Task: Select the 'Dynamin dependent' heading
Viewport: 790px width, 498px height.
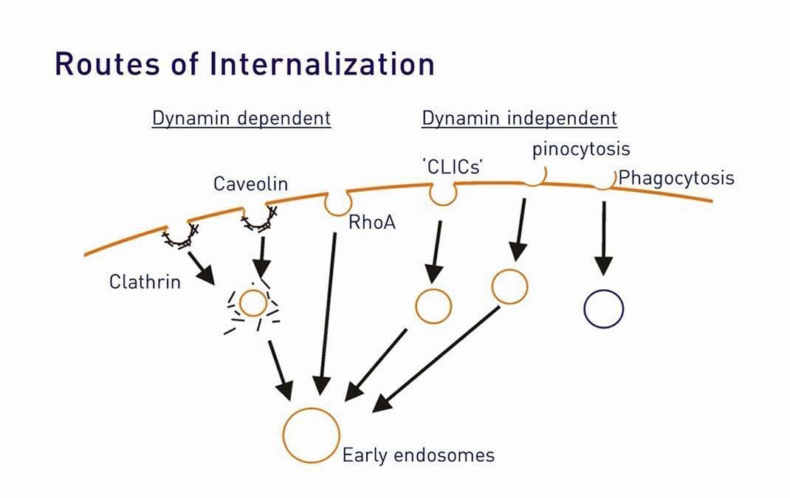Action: [x=241, y=118]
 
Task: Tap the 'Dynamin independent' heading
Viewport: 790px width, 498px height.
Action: [x=519, y=118]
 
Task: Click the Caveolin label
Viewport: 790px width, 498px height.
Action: [x=250, y=183]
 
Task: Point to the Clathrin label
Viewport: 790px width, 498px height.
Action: [x=145, y=282]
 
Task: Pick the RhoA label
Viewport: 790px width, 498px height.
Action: [x=372, y=221]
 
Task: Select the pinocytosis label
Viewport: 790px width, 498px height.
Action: [x=581, y=149]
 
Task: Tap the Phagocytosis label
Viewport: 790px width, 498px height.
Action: [x=676, y=178]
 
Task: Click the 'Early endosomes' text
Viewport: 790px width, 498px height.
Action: [x=418, y=454]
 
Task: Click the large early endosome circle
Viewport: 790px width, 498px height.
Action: [x=312, y=435]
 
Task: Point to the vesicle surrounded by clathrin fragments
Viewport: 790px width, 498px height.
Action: [x=253, y=303]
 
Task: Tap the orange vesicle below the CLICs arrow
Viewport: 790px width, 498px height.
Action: [x=433, y=305]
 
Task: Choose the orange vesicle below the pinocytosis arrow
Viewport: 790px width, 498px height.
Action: [x=509, y=286]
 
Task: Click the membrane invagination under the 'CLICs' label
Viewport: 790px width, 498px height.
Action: [x=443, y=193]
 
